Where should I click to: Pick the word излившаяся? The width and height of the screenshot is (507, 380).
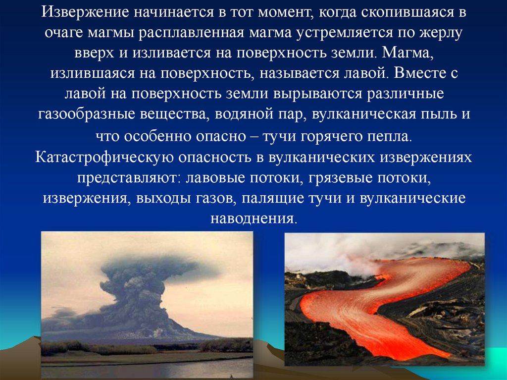point(94,74)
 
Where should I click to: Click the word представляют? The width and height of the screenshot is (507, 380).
point(129,178)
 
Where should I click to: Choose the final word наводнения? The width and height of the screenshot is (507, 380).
point(253,218)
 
